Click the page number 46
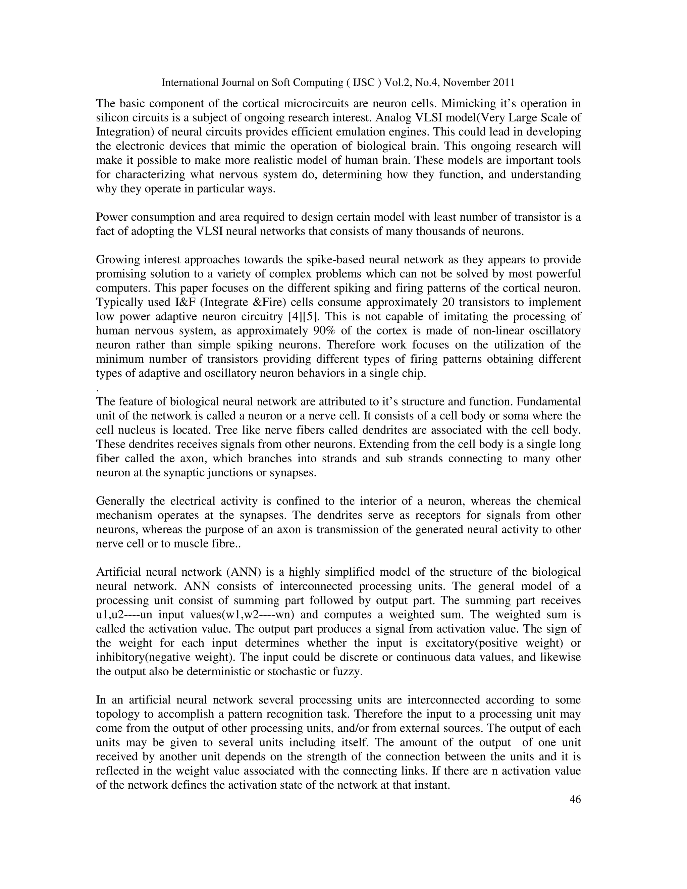(x=575, y=799)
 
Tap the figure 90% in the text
(x=325, y=330)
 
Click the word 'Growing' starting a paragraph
(x=116, y=260)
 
